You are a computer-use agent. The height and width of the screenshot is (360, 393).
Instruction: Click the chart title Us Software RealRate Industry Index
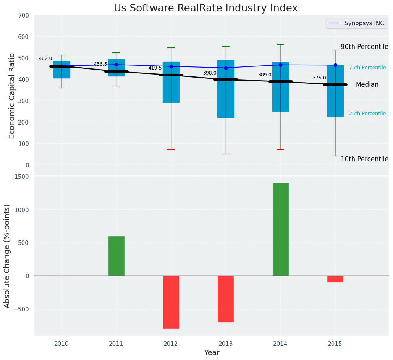tap(205, 8)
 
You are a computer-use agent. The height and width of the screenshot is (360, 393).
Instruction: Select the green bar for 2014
tap(280, 229)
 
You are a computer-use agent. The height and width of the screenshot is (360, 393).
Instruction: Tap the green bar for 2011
tap(116, 256)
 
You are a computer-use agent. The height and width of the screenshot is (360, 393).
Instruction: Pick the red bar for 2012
tap(171, 302)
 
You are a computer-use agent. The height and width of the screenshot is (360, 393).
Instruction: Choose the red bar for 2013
tap(226, 298)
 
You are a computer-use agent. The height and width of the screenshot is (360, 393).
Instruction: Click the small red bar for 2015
tap(335, 279)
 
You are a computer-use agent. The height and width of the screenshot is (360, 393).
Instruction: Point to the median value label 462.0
tap(45, 59)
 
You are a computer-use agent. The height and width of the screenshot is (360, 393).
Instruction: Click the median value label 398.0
tap(210, 73)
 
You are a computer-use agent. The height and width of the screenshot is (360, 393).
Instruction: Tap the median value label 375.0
tap(319, 78)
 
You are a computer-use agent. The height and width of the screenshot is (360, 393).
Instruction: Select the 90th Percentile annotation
tap(364, 47)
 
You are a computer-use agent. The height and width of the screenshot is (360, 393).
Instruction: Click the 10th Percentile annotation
tap(364, 159)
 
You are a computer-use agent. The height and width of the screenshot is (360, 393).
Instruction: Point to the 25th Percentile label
tap(367, 114)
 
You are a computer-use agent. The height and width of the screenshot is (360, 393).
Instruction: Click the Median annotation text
tap(367, 85)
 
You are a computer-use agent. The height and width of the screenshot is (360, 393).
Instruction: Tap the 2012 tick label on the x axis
tap(171, 344)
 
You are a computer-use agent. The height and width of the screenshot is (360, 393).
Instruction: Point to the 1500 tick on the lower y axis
tap(21, 177)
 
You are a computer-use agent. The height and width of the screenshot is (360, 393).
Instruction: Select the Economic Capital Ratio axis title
tap(12, 96)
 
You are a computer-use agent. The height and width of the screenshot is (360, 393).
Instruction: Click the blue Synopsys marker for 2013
tap(226, 68)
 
